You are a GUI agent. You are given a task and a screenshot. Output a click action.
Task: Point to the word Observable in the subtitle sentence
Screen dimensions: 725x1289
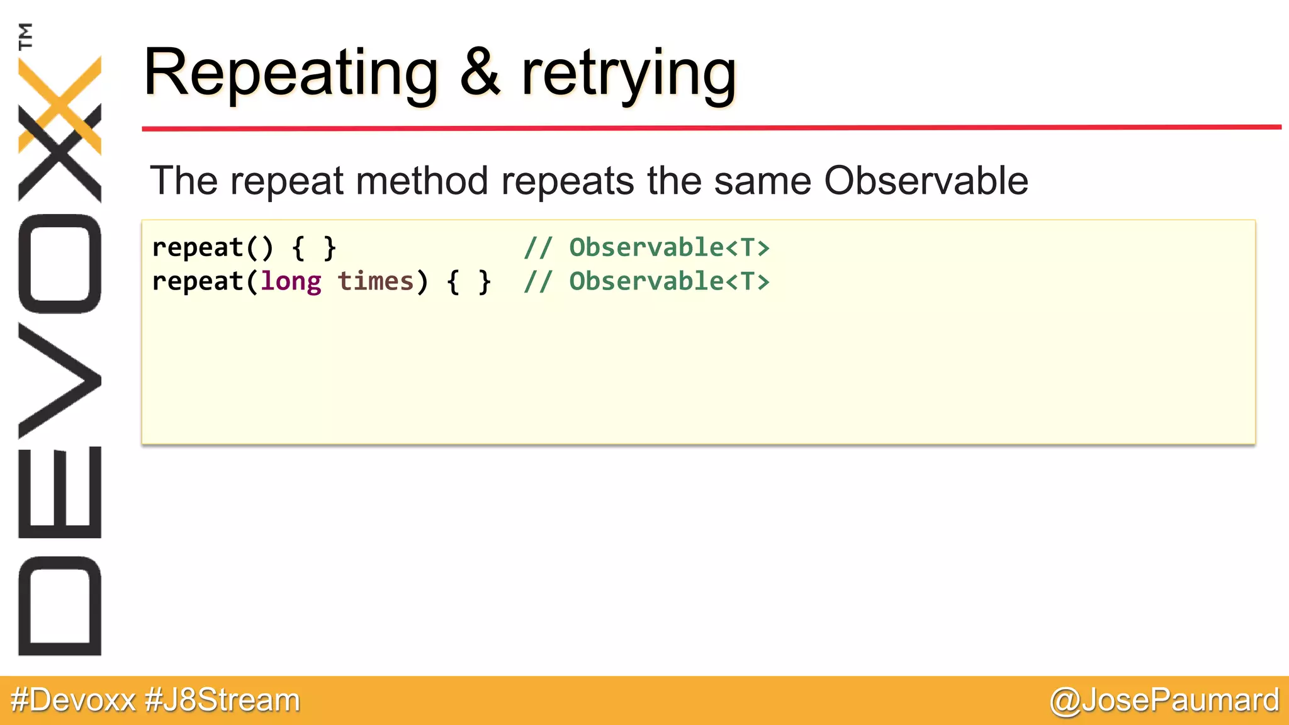tap(926, 181)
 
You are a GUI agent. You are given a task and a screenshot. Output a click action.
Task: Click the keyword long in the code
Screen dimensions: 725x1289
tap(291, 281)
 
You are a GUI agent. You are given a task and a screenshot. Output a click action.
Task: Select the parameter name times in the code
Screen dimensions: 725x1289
tap(376, 281)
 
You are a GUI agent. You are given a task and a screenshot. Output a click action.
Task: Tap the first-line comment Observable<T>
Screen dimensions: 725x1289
tap(669, 247)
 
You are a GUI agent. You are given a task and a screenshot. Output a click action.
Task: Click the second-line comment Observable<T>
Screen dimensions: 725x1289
tap(669, 281)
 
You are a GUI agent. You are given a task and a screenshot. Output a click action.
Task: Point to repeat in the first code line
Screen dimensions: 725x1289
tap(198, 247)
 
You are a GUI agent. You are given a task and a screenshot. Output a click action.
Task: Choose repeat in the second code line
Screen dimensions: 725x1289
tap(198, 281)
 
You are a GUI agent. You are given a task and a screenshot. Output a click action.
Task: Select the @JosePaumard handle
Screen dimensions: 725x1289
tap(1164, 700)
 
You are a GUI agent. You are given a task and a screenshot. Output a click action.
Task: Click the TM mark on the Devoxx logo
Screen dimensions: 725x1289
tap(26, 36)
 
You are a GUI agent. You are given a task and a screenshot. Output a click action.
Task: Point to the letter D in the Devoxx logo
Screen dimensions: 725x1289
tap(60, 605)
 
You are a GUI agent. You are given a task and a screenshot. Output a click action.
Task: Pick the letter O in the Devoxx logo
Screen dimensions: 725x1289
tap(60, 264)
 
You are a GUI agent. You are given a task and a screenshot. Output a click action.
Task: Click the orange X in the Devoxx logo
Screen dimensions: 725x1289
tap(60, 104)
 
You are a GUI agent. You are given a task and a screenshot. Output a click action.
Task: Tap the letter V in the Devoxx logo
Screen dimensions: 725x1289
tap(60, 380)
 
